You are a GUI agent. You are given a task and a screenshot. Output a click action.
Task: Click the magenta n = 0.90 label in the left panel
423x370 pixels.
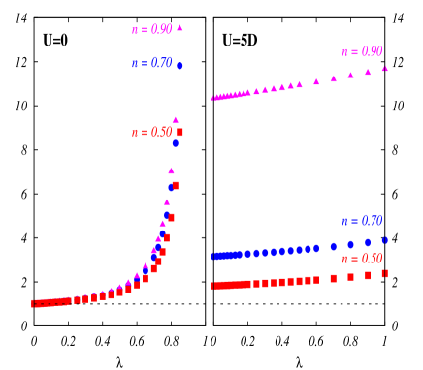[x=151, y=29]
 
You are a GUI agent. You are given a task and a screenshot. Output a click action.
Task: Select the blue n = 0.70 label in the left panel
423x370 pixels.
[x=151, y=63]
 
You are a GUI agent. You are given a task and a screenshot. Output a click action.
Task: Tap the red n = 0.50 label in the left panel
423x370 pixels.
[x=151, y=132]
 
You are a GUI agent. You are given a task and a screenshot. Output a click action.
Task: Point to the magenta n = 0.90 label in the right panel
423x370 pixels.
[x=361, y=51]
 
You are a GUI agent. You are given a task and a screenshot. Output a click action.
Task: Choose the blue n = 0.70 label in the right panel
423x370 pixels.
[x=361, y=221]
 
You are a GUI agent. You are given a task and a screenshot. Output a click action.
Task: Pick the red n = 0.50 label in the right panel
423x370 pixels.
[x=361, y=259]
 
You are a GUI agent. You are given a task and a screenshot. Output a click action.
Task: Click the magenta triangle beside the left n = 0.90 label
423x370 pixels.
[x=179, y=27]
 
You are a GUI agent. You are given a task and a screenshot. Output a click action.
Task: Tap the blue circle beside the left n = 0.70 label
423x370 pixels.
[x=179, y=65]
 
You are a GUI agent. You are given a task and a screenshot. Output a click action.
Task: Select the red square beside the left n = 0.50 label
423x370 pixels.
[x=179, y=132]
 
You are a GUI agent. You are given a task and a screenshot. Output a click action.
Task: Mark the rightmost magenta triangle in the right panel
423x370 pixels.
[x=384, y=68]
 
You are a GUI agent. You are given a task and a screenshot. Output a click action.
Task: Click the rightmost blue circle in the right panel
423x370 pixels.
[x=384, y=240]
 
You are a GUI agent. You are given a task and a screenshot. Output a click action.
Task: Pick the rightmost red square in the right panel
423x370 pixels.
[x=384, y=274]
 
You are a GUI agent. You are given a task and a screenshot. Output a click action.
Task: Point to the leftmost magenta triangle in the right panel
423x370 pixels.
[x=214, y=97]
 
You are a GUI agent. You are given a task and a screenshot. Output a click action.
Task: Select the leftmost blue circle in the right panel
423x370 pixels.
[x=214, y=257]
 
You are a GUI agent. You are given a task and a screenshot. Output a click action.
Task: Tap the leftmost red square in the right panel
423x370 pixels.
[x=214, y=286]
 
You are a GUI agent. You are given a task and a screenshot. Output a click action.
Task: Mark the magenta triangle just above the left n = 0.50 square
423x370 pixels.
[x=176, y=120]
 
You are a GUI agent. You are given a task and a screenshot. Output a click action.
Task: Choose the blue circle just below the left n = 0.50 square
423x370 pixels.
[x=176, y=142]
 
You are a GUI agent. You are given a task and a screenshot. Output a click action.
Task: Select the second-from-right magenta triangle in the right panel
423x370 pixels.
[x=368, y=72]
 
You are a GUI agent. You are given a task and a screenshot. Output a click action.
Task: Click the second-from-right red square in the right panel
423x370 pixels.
[x=368, y=275]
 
